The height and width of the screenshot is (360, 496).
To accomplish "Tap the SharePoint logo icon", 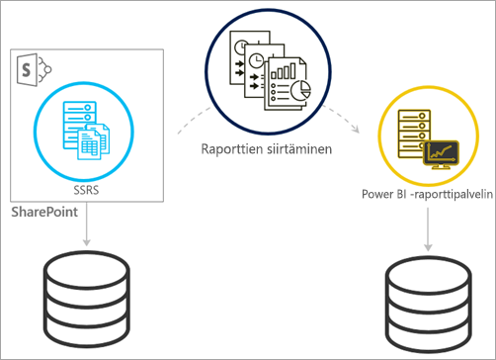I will (32, 68).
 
